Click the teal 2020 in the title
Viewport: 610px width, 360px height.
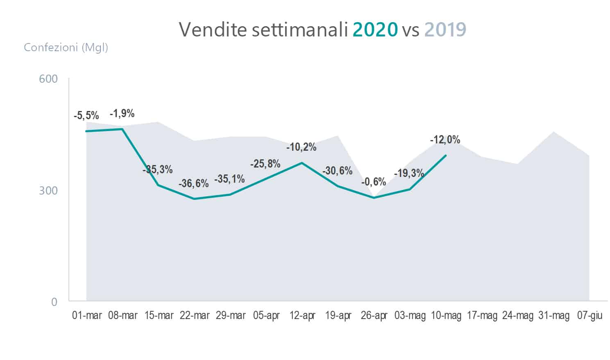(375, 29)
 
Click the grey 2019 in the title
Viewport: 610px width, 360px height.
(445, 29)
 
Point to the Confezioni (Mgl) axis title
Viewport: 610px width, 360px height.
(66, 48)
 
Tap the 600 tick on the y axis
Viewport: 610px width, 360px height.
(48, 79)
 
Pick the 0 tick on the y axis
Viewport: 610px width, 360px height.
(54, 302)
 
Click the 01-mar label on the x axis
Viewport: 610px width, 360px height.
(87, 316)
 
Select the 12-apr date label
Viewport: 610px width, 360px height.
(302, 316)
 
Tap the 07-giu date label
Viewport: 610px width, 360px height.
(590, 316)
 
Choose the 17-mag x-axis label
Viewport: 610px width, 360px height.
(482, 316)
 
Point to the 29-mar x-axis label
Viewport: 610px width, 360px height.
(231, 316)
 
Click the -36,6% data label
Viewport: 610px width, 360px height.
(193, 183)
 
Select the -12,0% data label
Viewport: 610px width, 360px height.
(445, 140)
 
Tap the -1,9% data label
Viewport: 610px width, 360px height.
(122, 113)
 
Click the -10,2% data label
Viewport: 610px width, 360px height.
(301, 147)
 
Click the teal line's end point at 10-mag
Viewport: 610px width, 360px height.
(445, 155)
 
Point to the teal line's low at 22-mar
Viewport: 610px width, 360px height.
(195, 199)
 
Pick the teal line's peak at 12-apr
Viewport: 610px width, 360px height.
(302, 163)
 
